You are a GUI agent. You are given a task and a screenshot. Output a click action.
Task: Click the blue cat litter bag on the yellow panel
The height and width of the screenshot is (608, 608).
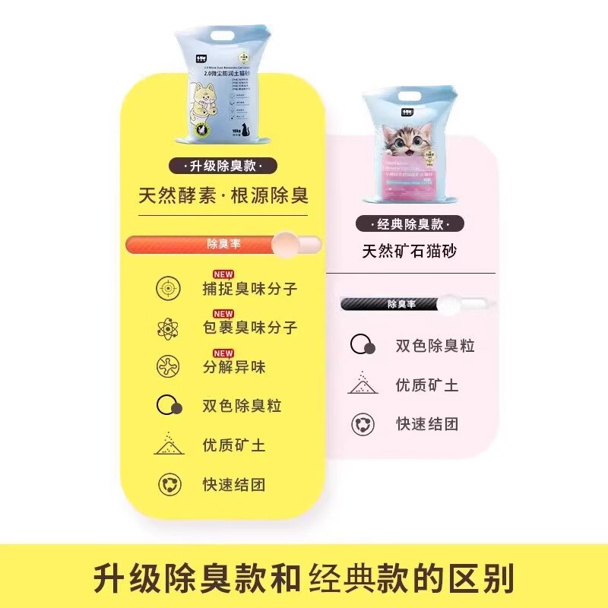coord(223,92)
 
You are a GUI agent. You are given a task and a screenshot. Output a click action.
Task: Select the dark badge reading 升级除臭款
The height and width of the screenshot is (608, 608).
coord(223,166)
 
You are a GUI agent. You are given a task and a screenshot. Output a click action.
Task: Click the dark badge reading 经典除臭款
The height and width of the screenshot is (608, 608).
coord(407,224)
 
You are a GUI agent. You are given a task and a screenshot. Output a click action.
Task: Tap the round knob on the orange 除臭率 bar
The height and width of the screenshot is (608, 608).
coord(287,244)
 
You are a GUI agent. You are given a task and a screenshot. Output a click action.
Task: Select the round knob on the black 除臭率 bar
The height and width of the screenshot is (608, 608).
coord(449,304)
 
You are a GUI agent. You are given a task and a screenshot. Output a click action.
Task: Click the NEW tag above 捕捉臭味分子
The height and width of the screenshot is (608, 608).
coord(223,274)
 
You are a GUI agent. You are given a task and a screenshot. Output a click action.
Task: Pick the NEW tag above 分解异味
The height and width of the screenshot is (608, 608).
coord(223,353)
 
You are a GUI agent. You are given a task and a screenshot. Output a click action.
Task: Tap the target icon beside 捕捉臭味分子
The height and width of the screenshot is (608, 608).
coord(168,289)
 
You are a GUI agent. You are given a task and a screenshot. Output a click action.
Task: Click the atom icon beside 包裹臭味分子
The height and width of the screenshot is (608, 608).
coord(168,328)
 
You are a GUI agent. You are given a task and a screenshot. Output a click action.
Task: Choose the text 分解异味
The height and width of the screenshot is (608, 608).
coord(233,368)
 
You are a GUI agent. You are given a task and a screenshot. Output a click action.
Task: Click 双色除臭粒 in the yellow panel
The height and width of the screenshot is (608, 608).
coord(242,406)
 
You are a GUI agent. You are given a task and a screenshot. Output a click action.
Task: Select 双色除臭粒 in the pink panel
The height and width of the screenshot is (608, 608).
coord(435,346)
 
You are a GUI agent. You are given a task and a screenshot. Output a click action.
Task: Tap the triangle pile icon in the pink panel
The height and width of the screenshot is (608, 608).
coord(363,384)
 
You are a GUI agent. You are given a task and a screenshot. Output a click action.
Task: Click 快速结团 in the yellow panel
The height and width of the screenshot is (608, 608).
coord(233,484)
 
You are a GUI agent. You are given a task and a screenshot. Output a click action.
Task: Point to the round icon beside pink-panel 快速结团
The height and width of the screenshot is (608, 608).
coord(363,424)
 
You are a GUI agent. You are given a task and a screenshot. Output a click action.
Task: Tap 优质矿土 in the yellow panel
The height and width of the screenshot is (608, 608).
coord(233,445)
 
